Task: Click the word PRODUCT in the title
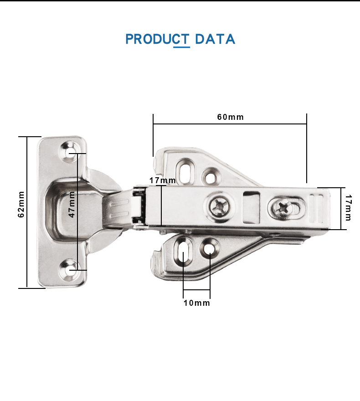pos(157,39)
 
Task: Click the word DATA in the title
pos(215,39)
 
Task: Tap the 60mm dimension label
pos(231,117)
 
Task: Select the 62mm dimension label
pos(21,204)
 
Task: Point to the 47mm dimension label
pos(72,204)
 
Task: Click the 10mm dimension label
pos(196,303)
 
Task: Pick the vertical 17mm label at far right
pos(348,207)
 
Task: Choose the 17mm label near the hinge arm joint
pos(163,180)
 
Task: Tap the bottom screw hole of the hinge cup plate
pos(69,270)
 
